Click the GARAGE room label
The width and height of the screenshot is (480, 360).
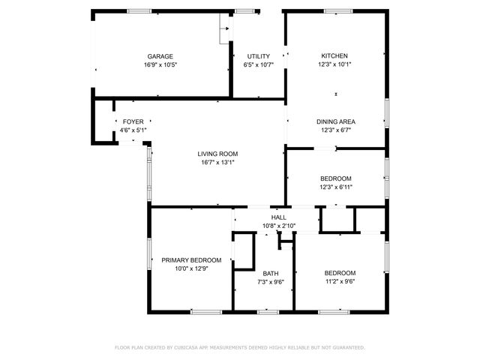(160, 56)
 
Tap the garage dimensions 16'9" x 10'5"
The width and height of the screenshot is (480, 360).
(160, 65)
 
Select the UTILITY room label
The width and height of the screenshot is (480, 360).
(259, 56)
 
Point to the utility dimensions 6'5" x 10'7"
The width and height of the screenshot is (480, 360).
(259, 65)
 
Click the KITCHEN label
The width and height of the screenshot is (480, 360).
(334, 55)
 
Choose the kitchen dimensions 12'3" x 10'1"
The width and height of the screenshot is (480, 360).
(334, 64)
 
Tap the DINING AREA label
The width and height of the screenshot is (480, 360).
(335, 121)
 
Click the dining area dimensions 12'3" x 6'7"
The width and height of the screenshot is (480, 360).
(335, 130)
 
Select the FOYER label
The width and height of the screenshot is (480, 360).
(133, 121)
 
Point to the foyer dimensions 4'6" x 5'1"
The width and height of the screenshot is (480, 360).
(133, 130)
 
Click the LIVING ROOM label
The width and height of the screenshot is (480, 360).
(217, 153)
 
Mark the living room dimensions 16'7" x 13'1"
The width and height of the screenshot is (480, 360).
(217, 162)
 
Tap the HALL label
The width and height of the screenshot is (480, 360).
(278, 217)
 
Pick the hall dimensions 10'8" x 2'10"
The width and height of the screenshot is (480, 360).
(278, 226)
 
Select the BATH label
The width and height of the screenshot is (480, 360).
(270, 273)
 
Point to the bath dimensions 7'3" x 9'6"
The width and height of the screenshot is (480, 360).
(270, 282)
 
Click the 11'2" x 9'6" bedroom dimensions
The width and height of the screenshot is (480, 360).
(340, 282)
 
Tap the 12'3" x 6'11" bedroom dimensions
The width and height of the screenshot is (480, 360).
(335, 187)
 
